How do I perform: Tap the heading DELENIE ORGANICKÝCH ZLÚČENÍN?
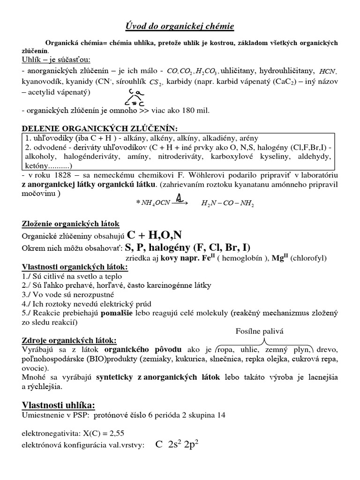coord(100,129)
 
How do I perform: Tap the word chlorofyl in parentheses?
coord(309,258)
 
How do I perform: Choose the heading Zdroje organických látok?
coord(70,340)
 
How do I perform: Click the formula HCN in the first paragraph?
coord(327,72)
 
